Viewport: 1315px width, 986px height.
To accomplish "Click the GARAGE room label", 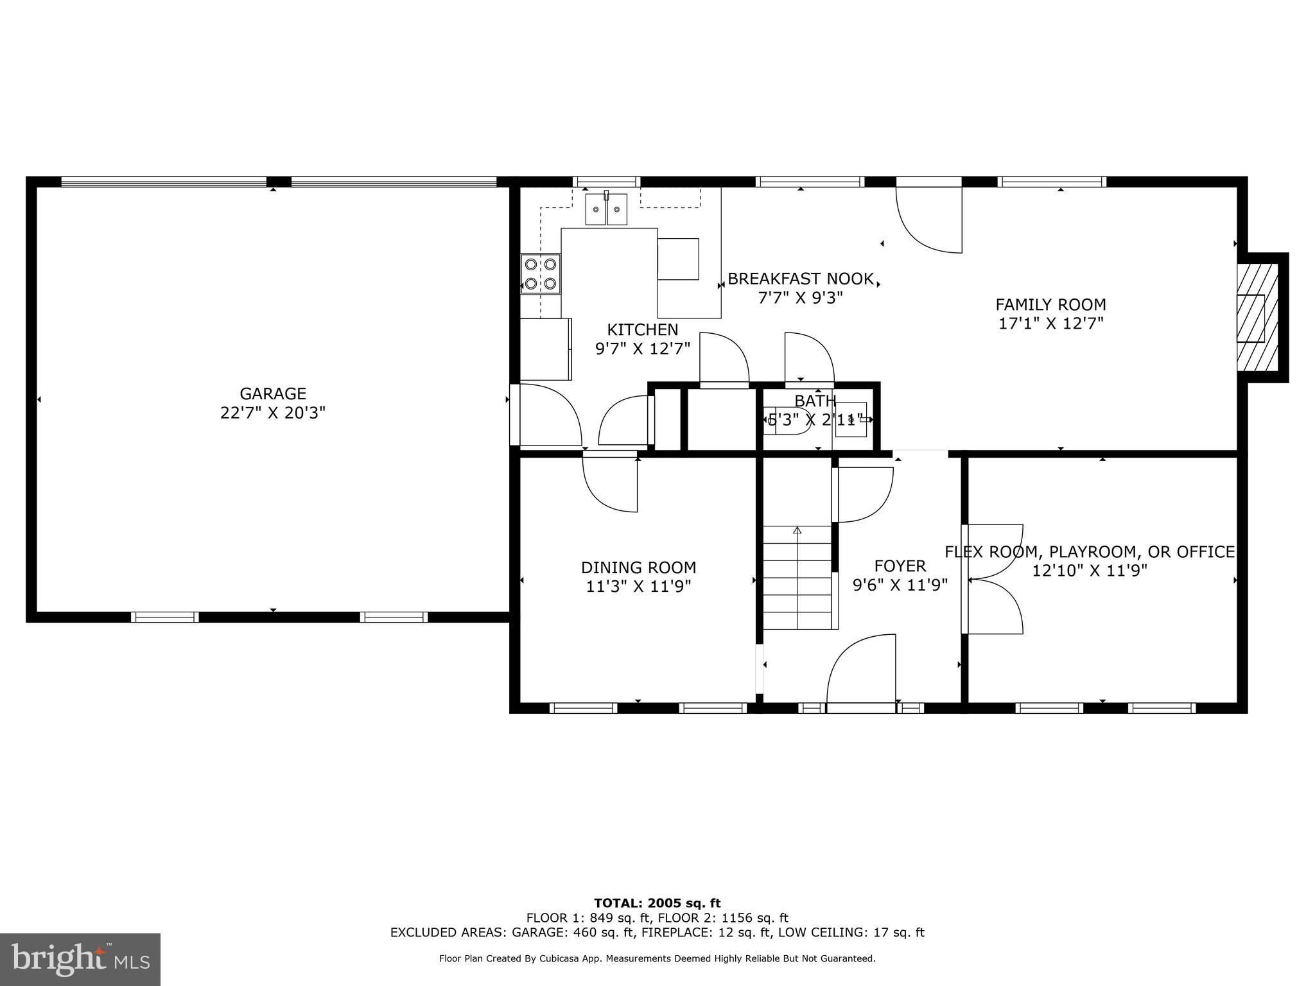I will [273, 394].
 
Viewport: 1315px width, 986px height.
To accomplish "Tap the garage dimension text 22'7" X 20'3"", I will [273, 413].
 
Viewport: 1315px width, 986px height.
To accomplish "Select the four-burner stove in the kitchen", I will [541, 273].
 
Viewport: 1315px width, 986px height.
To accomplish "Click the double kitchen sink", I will [606, 209].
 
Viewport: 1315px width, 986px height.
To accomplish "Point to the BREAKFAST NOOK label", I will [800, 279].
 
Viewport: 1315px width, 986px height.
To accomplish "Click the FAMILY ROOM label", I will [1050, 304].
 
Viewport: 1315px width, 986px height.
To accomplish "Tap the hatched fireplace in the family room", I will [1257, 319].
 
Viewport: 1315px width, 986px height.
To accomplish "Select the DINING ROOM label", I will [638, 567].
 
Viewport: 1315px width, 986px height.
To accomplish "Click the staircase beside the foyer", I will [797, 578].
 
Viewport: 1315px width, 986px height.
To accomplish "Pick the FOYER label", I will [900, 566].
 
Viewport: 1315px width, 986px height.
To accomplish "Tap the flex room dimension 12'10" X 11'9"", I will [1089, 571].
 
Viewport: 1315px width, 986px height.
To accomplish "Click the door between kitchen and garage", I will [548, 415].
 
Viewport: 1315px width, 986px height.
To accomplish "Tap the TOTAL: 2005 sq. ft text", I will [657, 904].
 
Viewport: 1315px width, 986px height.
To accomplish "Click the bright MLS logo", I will [80, 960].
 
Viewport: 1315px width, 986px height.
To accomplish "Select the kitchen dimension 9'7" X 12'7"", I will [642, 349].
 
